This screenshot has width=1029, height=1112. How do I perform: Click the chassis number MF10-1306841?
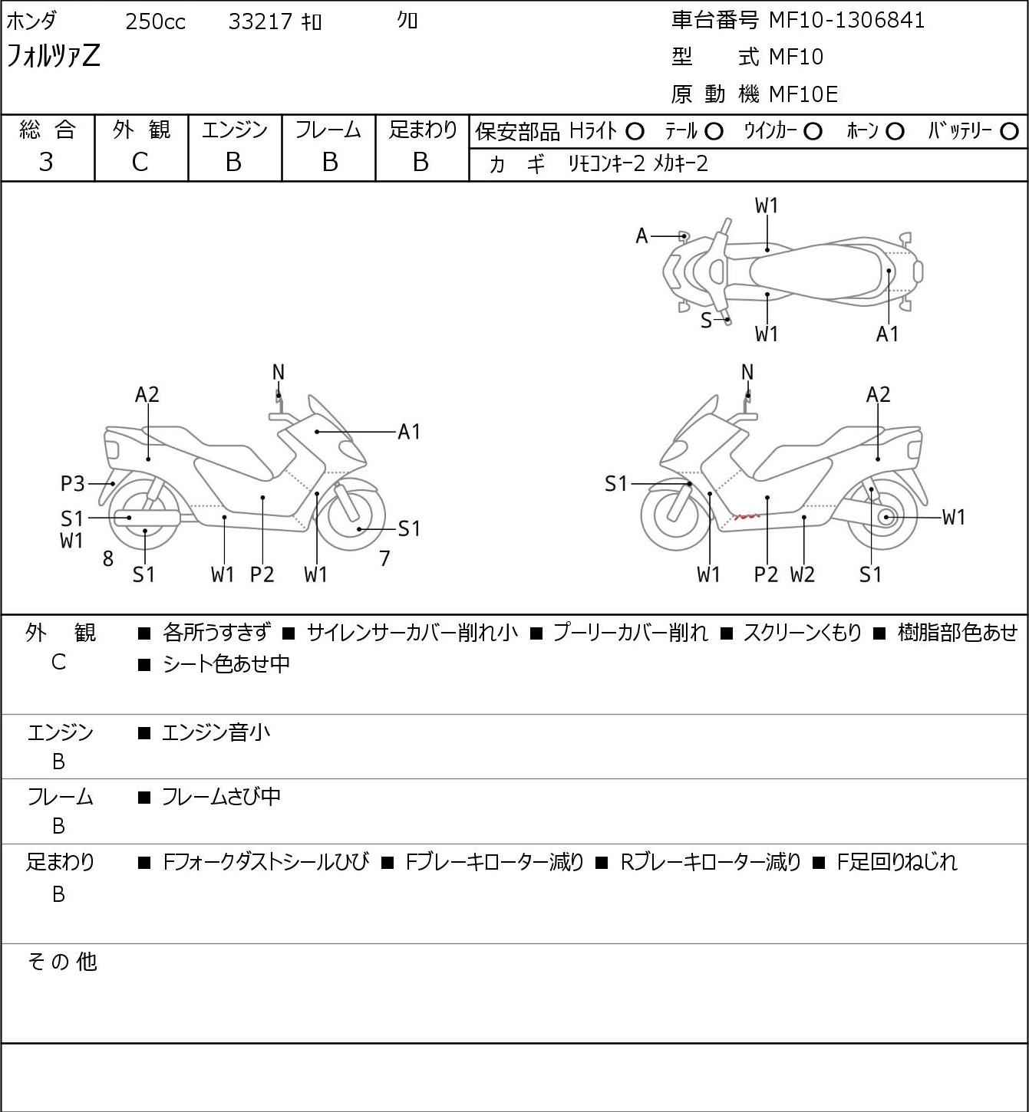pos(846,21)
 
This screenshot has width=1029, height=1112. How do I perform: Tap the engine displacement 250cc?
pos(155,21)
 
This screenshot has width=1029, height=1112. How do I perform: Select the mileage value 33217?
pos(260,21)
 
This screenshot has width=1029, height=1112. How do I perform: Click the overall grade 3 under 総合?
pos(46,162)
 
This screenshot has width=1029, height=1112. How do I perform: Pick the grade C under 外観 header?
pos(140,163)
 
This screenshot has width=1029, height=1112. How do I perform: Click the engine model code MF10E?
pos(803,94)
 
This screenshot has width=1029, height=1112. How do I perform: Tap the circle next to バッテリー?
pos(1009,132)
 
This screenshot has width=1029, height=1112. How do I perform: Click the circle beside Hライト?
pos(635,132)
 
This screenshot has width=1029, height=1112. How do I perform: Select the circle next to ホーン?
pos(895,132)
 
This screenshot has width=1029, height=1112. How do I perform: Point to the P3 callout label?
pos(72,483)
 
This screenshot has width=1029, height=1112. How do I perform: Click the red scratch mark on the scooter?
pos(747,517)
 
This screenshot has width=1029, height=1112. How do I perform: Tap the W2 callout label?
pos(803,574)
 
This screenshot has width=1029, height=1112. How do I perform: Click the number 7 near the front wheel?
pos(384,558)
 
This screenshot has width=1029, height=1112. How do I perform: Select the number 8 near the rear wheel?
pos(108,558)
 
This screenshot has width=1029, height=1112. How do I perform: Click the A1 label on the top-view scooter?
pos(887,334)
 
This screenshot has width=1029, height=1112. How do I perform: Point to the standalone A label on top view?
pos(641,236)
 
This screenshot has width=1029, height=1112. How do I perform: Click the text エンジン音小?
pos(216,732)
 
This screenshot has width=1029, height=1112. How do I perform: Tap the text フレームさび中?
pos(221,797)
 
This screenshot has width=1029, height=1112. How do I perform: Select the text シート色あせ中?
pos(226,664)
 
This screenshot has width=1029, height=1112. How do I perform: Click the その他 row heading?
pos(62,962)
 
